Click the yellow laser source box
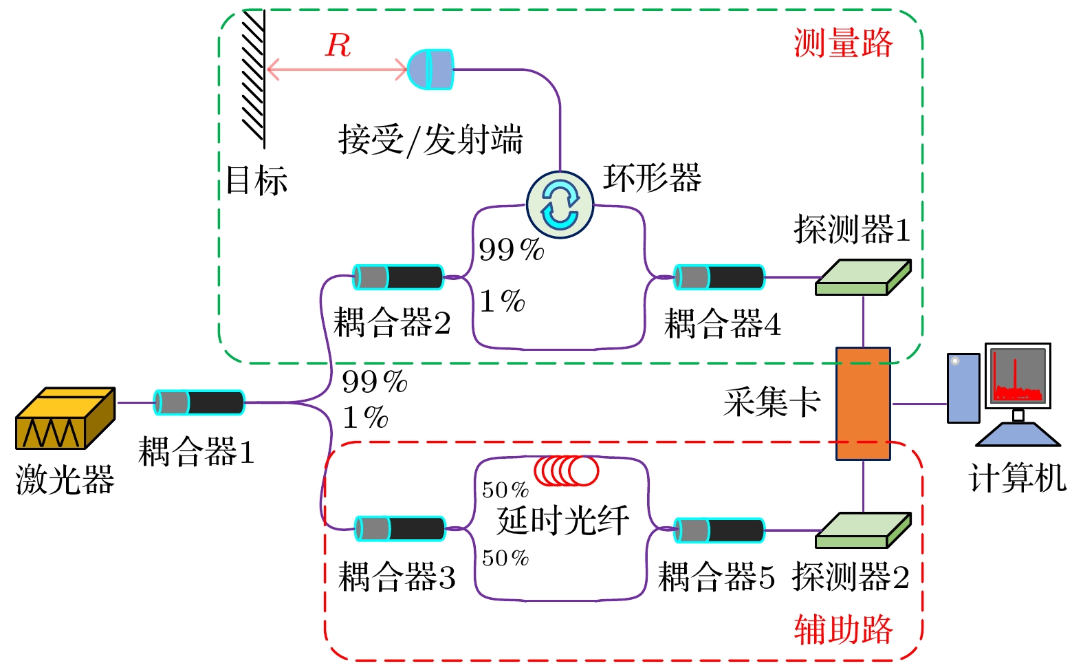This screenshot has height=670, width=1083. (65, 418)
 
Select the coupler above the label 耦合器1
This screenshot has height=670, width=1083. (199, 402)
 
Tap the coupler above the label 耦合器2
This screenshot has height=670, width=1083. (398, 277)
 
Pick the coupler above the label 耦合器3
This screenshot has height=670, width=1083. (400, 529)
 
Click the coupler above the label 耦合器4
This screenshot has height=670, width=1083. (719, 277)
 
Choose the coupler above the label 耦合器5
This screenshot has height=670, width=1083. (719, 530)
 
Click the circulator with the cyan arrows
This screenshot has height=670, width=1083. (560, 205)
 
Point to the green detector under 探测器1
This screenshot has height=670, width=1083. (863, 277)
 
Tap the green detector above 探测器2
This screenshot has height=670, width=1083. (863, 530)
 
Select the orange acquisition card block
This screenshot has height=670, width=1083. (863, 403)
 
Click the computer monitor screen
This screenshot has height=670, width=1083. (1018, 375)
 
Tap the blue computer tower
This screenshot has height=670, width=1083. (963, 388)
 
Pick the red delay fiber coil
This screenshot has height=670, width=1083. (567, 471)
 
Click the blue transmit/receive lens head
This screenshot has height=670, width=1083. (430, 69)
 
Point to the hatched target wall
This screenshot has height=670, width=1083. (254, 77)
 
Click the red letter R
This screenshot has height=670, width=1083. (338, 45)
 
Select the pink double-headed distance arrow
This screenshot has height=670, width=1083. (336, 69)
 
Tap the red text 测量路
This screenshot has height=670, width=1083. (843, 43)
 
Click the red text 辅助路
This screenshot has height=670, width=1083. (843, 629)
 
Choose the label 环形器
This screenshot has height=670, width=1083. (652, 177)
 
